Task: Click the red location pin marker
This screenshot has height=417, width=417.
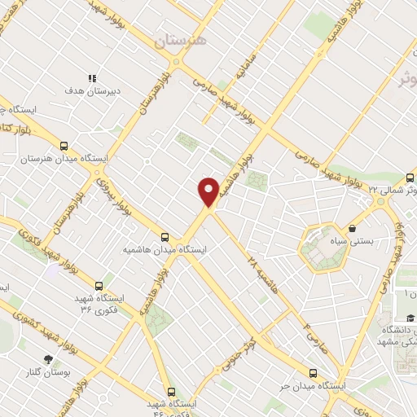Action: (209, 191)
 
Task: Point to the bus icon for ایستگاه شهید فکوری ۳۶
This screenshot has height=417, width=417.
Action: (99, 286)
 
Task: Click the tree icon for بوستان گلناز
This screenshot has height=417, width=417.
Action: (49, 358)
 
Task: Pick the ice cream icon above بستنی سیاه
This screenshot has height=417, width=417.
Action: (352, 229)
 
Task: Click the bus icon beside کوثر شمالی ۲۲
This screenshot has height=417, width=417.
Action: (410, 177)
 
